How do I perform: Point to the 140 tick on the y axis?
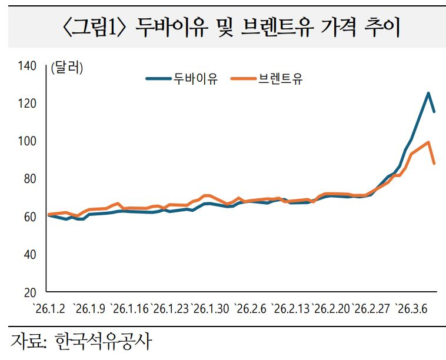[x=28, y=66]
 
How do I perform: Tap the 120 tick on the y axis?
[x=28, y=104]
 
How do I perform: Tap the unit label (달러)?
[x=67, y=67]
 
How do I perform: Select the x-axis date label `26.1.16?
[x=129, y=308]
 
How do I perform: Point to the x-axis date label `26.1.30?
[x=209, y=308]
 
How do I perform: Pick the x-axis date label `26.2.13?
[x=291, y=308]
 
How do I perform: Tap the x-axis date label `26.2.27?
[x=372, y=308]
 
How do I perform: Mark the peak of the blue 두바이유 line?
[x=428, y=93]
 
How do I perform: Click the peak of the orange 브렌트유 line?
[x=428, y=142]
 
